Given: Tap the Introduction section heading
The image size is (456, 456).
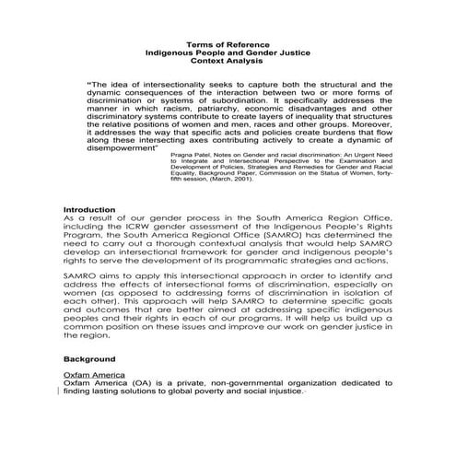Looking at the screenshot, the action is (x=89, y=211).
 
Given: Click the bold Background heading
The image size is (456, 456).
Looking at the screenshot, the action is (x=88, y=357).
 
